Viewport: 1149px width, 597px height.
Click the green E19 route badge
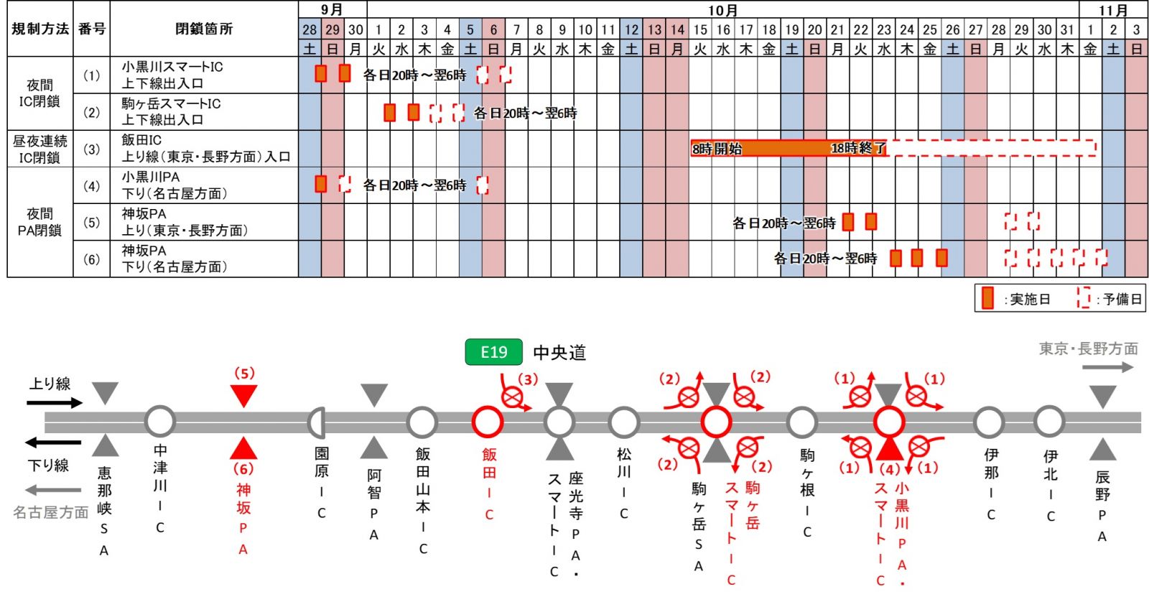[x=493, y=352]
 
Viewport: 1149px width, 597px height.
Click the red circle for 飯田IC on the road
[x=488, y=422]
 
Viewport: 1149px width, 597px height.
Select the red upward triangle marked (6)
[x=243, y=448]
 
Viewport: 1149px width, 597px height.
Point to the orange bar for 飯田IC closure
[x=789, y=148]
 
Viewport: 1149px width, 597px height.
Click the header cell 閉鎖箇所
[x=204, y=29]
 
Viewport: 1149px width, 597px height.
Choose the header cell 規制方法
[x=40, y=29]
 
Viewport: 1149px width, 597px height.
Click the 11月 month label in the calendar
[x=1113, y=10]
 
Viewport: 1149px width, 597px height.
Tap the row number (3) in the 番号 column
[x=91, y=149]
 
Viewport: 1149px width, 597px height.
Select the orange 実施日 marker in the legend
[x=988, y=297]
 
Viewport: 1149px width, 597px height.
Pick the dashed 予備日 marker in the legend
[x=1083, y=297]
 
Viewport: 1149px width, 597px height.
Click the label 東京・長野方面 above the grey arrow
[x=1088, y=348]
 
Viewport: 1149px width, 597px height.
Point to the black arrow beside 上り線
[x=55, y=402]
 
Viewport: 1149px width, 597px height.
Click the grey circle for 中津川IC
[x=160, y=422]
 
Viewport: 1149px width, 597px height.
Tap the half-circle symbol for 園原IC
[x=317, y=422]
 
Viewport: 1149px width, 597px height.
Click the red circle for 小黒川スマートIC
[x=888, y=422]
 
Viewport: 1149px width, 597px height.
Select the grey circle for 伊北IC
[x=1049, y=422]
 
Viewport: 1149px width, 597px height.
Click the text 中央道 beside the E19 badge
[x=559, y=353]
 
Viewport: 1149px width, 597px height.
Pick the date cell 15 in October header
[x=700, y=29]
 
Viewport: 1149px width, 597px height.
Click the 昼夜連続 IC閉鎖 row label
[x=40, y=149]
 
